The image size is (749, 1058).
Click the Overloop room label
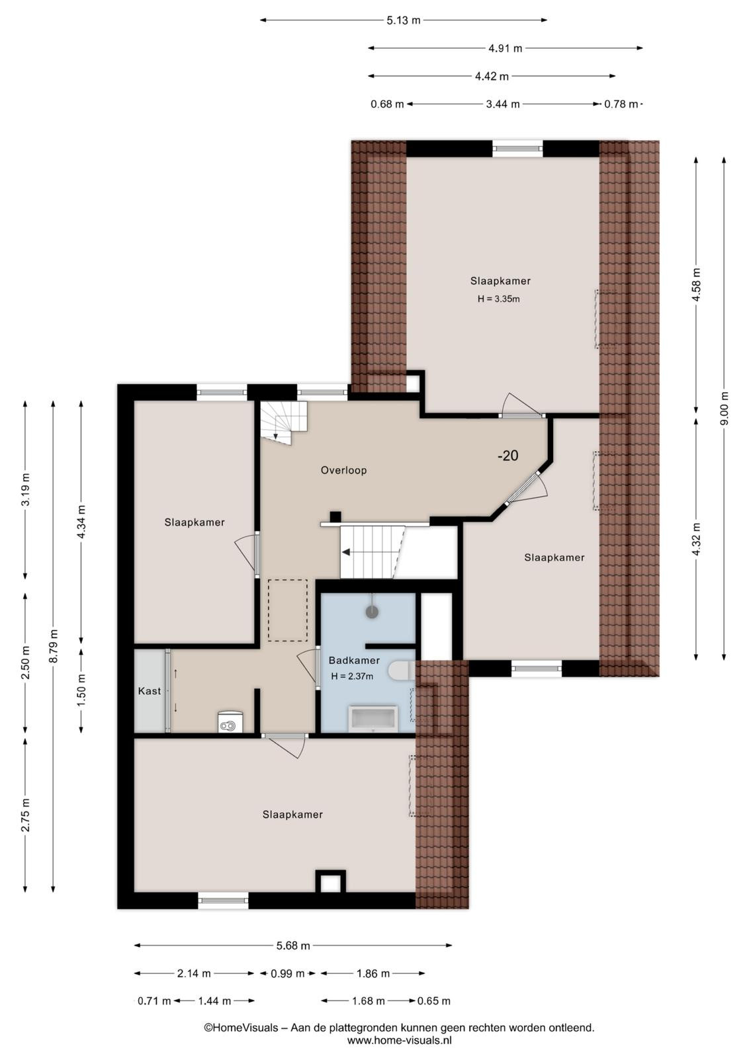point(343,470)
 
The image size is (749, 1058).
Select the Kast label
point(150,691)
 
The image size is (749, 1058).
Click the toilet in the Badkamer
point(400,671)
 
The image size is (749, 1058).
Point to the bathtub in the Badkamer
point(372,719)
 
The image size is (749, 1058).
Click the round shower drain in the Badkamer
point(373,612)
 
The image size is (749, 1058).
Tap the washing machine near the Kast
point(230,722)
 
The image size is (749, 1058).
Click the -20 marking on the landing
point(507,456)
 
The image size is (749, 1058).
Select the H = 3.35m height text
point(498,299)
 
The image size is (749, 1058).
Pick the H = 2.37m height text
point(352,676)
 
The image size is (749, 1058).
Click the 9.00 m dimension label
point(724,409)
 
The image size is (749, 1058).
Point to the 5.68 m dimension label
point(293,946)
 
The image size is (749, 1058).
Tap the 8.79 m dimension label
point(54,645)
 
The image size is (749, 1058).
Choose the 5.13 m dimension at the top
point(403,20)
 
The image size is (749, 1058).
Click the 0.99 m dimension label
point(288,973)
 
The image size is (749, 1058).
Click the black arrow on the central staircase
point(347,551)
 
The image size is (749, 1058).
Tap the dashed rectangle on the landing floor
point(287,610)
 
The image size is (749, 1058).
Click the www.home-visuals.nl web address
point(399,1040)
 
